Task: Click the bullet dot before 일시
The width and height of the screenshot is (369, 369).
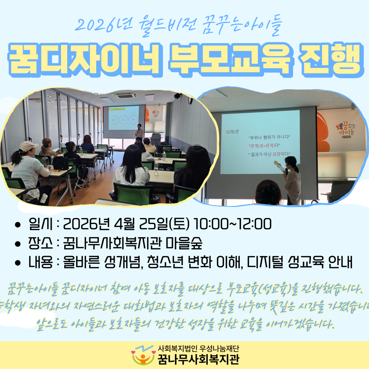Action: click(18, 224)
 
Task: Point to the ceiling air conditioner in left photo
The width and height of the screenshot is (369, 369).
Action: click(125, 96)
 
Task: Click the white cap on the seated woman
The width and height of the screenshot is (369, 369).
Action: click(28, 146)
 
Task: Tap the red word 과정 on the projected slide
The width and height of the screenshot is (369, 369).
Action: click(277, 154)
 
